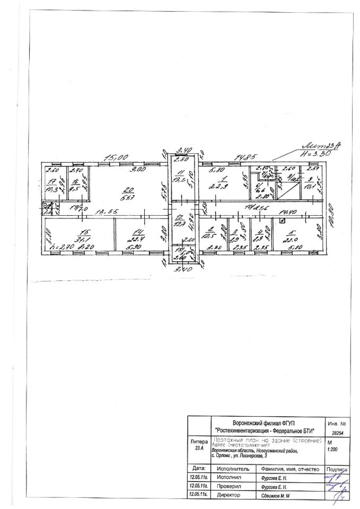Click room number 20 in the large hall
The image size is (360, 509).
pyautogui.click(x=126, y=189)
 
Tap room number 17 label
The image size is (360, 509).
pyautogui.click(x=51, y=180)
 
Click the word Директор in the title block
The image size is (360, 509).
pyautogui.click(x=229, y=495)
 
